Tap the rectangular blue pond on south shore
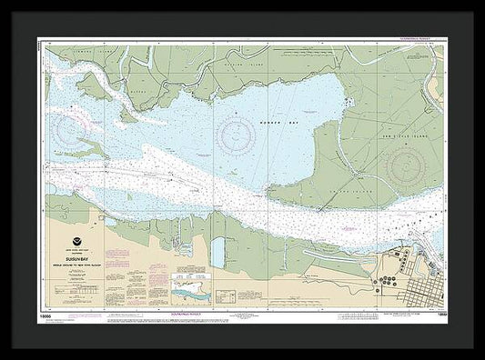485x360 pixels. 217,253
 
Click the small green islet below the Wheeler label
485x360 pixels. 127,115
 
